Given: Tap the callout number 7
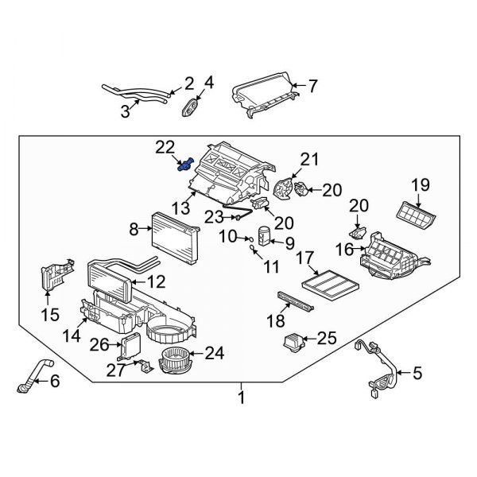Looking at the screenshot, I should point(312,84).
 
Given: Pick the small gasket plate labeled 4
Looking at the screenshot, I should point(192,107).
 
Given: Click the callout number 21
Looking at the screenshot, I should point(308,159).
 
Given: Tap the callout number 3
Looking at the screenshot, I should point(125,112).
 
